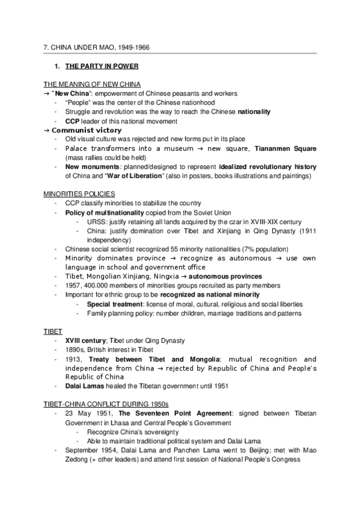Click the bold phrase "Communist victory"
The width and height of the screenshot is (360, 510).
pos(87,130)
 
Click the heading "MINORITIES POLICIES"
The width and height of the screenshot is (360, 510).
pos(80,194)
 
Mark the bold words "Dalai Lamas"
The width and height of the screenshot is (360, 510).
pos(85,386)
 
